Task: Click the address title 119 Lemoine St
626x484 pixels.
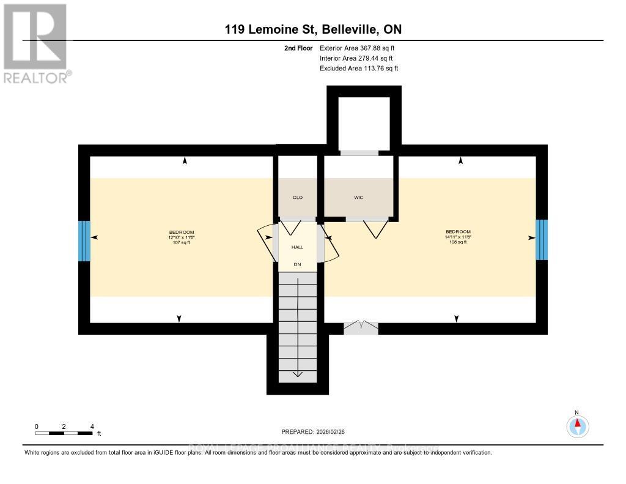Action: (313, 29)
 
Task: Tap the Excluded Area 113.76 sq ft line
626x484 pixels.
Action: (359, 69)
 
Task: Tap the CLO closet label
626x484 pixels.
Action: (298, 198)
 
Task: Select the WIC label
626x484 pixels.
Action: (359, 198)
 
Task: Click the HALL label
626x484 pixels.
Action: (297, 247)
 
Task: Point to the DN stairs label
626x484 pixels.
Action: (297, 264)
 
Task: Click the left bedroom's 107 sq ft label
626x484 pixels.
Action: (182, 243)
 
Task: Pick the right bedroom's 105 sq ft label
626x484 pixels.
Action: (458, 242)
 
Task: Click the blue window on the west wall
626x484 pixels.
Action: (84, 240)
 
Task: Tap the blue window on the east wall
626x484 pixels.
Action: (541, 240)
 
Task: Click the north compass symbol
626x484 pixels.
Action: (577, 425)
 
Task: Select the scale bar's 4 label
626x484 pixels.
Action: (92, 426)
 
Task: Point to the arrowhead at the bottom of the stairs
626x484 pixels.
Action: (298, 374)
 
